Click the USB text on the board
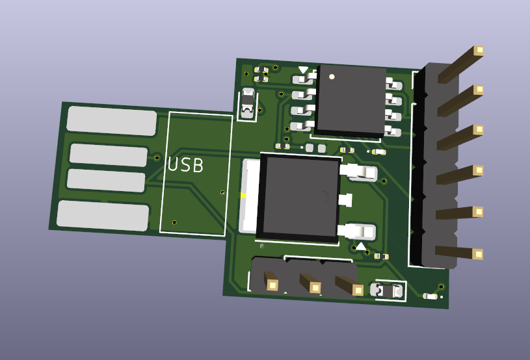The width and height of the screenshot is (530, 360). [185, 165]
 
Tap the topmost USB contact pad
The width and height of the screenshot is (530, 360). [112, 121]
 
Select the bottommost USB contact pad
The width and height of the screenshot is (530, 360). [103, 216]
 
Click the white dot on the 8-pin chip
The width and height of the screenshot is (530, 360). [332, 77]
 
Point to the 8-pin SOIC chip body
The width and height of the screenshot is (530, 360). [351, 101]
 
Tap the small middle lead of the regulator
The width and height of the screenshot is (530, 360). [345, 200]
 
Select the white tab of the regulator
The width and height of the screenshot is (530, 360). [250, 196]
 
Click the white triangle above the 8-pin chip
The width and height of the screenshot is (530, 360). [303, 70]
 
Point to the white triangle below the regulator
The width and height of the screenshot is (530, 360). [361, 246]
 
